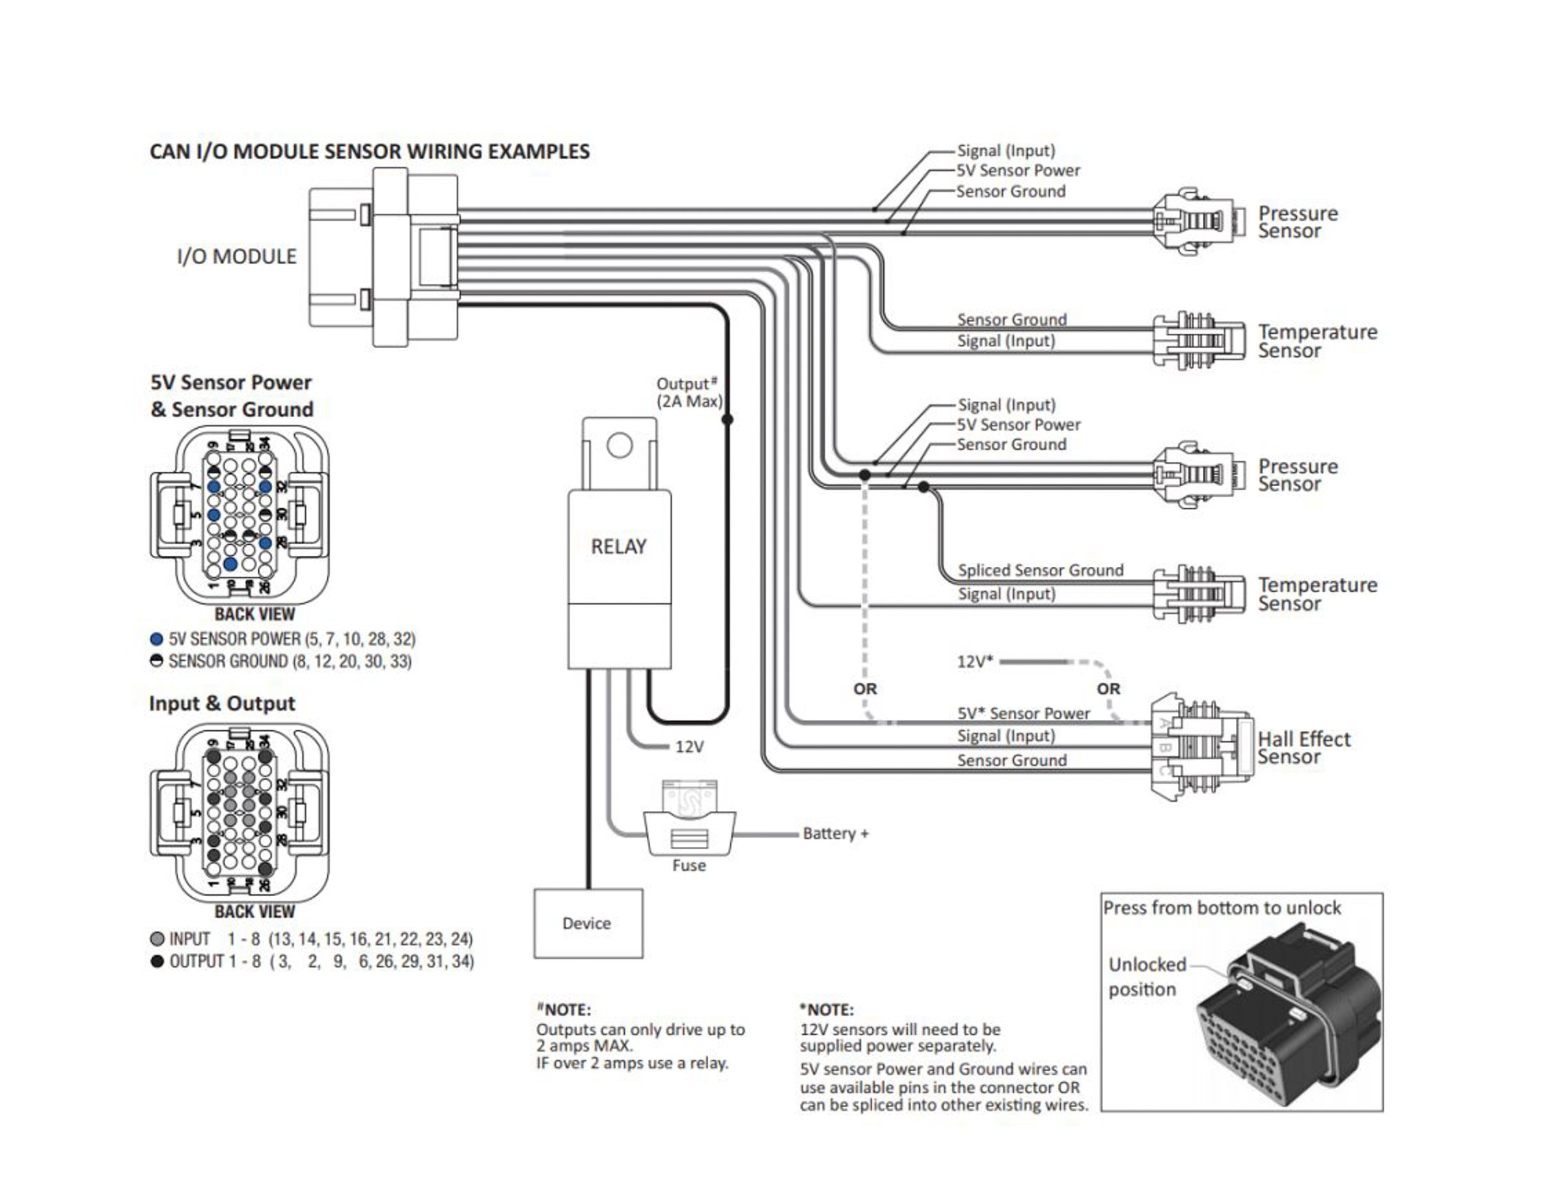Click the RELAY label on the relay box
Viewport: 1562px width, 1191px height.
coord(618,547)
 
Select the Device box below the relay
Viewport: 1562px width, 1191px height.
coord(588,923)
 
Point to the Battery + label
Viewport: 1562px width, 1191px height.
coord(835,834)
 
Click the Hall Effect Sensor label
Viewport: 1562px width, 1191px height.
coord(1303,748)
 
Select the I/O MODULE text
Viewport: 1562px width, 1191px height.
coord(236,256)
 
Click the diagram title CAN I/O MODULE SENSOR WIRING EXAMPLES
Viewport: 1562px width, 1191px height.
coord(370,152)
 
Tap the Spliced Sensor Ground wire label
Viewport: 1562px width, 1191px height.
coord(1040,571)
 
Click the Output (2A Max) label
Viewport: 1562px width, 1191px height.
coord(689,392)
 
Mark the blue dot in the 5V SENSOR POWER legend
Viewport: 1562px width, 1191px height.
coord(157,638)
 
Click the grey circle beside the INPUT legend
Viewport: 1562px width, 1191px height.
coord(158,939)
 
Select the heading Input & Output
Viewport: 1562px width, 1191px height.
coord(221,704)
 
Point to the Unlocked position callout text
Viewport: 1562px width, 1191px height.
coord(1147,977)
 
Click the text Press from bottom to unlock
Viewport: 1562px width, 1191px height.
coord(1222,908)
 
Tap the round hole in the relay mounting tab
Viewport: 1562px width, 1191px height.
coord(619,446)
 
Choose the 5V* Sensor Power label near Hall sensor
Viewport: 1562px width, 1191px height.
coord(1023,713)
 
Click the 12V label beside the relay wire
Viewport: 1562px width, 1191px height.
coord(689,746)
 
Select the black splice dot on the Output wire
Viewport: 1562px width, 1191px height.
coord(727,420)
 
